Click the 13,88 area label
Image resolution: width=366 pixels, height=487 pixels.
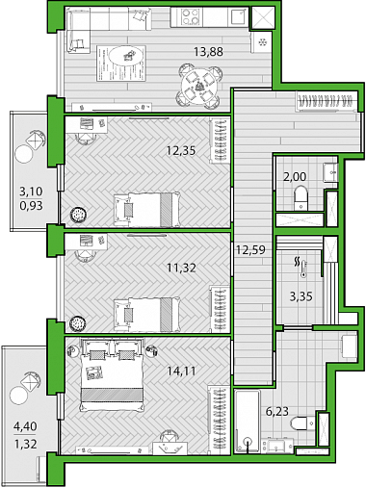(208, 52)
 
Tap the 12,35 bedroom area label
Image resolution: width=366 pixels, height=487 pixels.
(181, 150)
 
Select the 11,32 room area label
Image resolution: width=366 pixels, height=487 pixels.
(181, 267)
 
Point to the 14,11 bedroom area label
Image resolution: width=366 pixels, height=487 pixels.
(181, 372)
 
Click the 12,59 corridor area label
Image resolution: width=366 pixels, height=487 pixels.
(250, 249)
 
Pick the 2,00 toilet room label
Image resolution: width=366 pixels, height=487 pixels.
(295, 176)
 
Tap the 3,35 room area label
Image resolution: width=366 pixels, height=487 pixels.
(301, 296)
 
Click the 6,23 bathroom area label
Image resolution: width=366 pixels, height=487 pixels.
(277, 411)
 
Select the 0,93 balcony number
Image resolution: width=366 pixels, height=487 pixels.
(31, 205)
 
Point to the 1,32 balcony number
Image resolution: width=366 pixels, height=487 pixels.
(25, 444)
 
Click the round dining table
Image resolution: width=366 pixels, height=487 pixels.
(199, 86)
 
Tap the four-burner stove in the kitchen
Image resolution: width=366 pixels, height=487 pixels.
(191, 16)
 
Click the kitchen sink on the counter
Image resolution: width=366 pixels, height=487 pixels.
(238, 16)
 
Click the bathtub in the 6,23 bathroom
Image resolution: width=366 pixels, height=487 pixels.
(248, 422)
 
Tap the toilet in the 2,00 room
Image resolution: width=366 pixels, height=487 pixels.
(301, 198)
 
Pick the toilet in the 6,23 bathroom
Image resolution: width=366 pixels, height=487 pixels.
(302, 423)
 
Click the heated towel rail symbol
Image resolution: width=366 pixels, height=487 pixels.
(301, 268)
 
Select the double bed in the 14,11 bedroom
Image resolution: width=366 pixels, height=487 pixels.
(112, 374)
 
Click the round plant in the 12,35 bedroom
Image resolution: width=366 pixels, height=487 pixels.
(78, 215)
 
